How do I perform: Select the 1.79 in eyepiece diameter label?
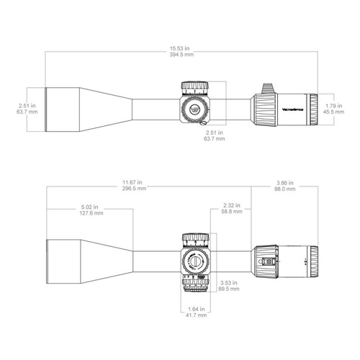(332, 108)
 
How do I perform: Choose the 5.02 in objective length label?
(91, 210)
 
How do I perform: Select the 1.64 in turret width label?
(195, 312)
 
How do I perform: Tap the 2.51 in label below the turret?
(215, 136)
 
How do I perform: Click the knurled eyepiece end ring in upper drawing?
(315, 109)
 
